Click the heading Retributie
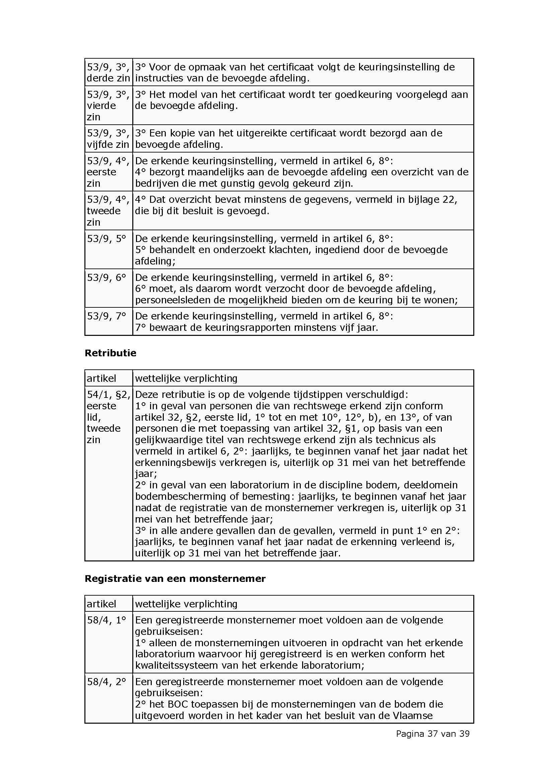110,353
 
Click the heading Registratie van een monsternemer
175,579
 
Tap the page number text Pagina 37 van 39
432,733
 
